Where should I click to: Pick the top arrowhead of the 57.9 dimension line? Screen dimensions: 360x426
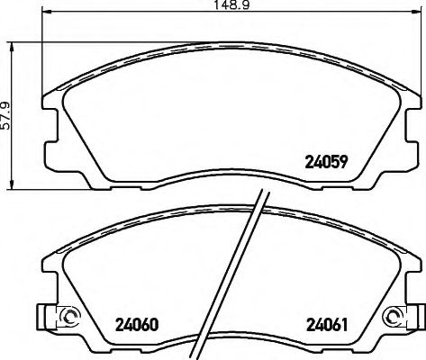tap(10, 42)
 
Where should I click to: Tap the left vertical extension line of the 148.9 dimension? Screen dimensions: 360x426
tap(43, 54)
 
